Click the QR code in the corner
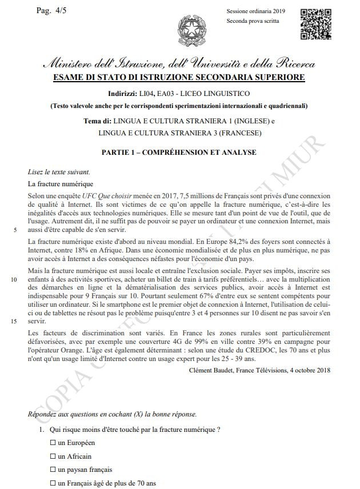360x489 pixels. click(316, 23)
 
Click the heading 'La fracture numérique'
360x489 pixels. click(60, 184)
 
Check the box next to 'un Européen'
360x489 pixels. click(53, 443)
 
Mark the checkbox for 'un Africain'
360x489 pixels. click(53, 456)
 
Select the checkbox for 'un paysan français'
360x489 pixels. click(53, 470)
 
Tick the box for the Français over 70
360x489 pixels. click(53, 484)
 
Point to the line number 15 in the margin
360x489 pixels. click(14, 321)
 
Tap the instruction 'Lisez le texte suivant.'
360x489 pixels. click(59, 171)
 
